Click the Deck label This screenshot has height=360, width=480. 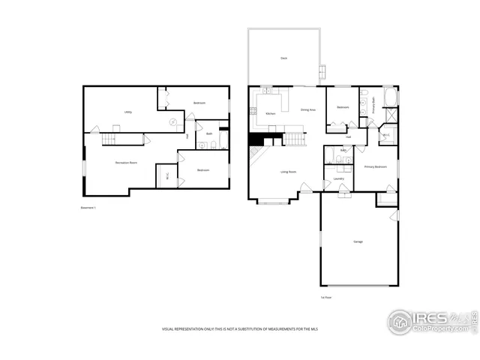click(x=284, y=58)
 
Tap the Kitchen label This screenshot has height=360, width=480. click(x=270, y=113)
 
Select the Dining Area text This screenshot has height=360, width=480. click(x=307, y=109)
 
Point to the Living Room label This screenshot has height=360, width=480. click(x=289, y=172)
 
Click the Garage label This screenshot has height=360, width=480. click(x=358, y=241)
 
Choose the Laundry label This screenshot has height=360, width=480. click(x=338, y=178)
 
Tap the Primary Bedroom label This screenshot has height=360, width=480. click(x=375, y=166)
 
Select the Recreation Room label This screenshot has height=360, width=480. click(x=125, y=162)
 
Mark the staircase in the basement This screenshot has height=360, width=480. click(x=110, y=139)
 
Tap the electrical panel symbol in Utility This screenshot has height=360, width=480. click(x=172, y=121)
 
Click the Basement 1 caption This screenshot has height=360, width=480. click(x=88, y=207)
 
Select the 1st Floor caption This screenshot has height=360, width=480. click(x=325, y=297)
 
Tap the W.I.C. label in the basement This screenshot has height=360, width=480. click(x=166, y=177)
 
